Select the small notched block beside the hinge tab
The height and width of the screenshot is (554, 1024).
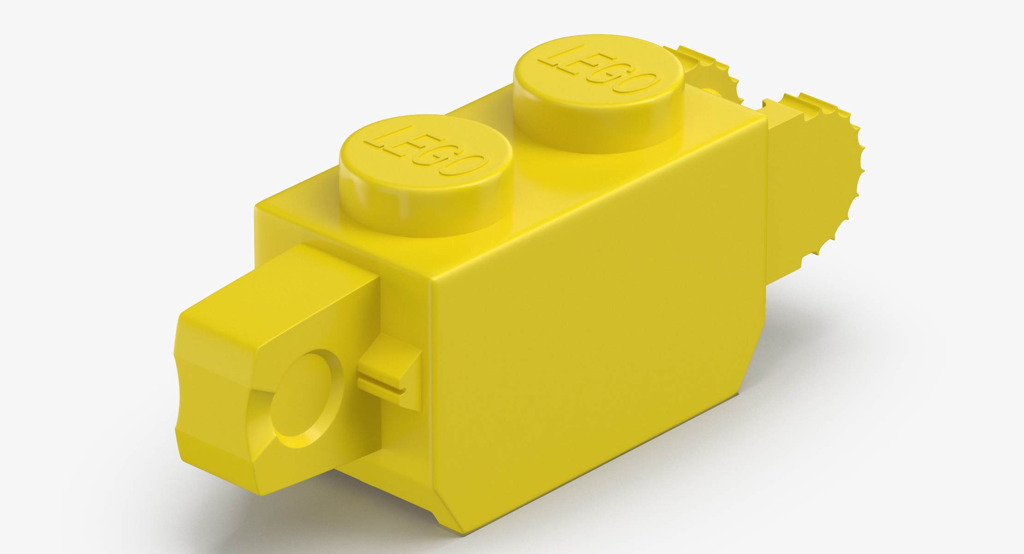(392, 369)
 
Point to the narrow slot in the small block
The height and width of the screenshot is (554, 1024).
(381, 386)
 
